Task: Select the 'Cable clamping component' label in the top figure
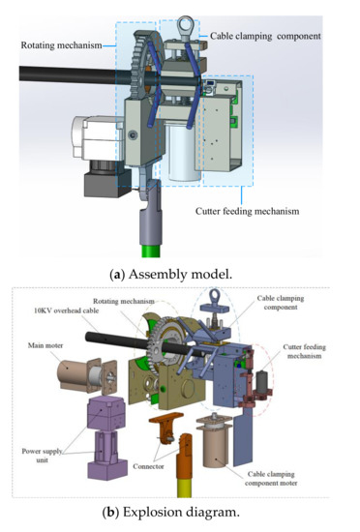point(266,36)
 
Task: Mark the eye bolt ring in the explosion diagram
point(230,303)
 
